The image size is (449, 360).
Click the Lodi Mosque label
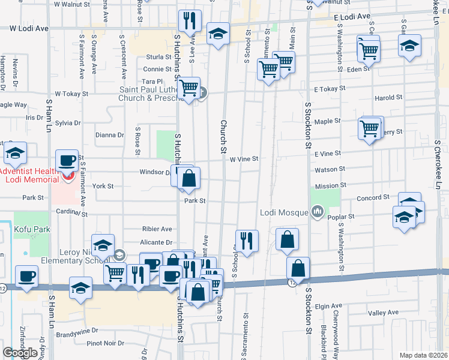tap(285, 212)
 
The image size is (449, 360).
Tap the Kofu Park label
tap(33, 229)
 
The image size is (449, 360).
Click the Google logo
tap(20, 353)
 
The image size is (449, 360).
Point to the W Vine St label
tap(244, 159)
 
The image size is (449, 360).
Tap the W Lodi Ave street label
tap(29, 28)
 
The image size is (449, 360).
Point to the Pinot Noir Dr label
tap(105, 343)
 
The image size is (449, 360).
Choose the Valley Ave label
tap(383, 313)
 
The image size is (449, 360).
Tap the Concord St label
tap(373, 197)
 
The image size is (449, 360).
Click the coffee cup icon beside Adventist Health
tap(67, 160)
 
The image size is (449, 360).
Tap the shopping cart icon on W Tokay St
tap(190, 88)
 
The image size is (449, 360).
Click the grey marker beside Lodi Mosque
tap(318, 211)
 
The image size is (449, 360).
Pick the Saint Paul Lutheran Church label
tap(149, 94)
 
